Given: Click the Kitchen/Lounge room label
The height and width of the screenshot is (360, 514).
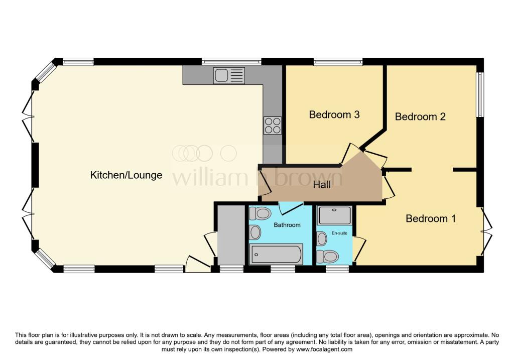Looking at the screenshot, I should pos(126,175).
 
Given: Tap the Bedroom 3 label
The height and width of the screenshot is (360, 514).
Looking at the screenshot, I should pos(334,114).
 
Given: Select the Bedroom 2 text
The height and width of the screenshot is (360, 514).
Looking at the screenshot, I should pos(420,116).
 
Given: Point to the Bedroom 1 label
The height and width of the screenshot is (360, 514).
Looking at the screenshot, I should pos(431,218).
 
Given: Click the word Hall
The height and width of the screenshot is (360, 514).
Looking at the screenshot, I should pos(322,185).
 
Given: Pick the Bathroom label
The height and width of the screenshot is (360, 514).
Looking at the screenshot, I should pos(287,225).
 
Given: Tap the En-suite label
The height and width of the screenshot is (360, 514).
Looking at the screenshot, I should pos(339,233).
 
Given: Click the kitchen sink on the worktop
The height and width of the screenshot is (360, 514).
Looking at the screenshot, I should pos(229,76).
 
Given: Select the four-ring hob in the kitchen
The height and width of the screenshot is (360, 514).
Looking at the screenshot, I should pos(273,125).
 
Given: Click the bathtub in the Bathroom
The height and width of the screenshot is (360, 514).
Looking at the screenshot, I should pos(276,254).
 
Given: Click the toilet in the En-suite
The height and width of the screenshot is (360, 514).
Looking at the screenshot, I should pos(328,257).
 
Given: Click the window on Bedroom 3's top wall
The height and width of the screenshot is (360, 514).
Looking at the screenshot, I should pos(338,62).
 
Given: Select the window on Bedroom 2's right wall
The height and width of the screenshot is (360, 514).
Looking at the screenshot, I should pos(480,94).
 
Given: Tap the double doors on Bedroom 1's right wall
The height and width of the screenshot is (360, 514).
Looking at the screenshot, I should pos(485,232).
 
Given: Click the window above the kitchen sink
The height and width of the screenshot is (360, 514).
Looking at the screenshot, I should pos(231,62).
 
